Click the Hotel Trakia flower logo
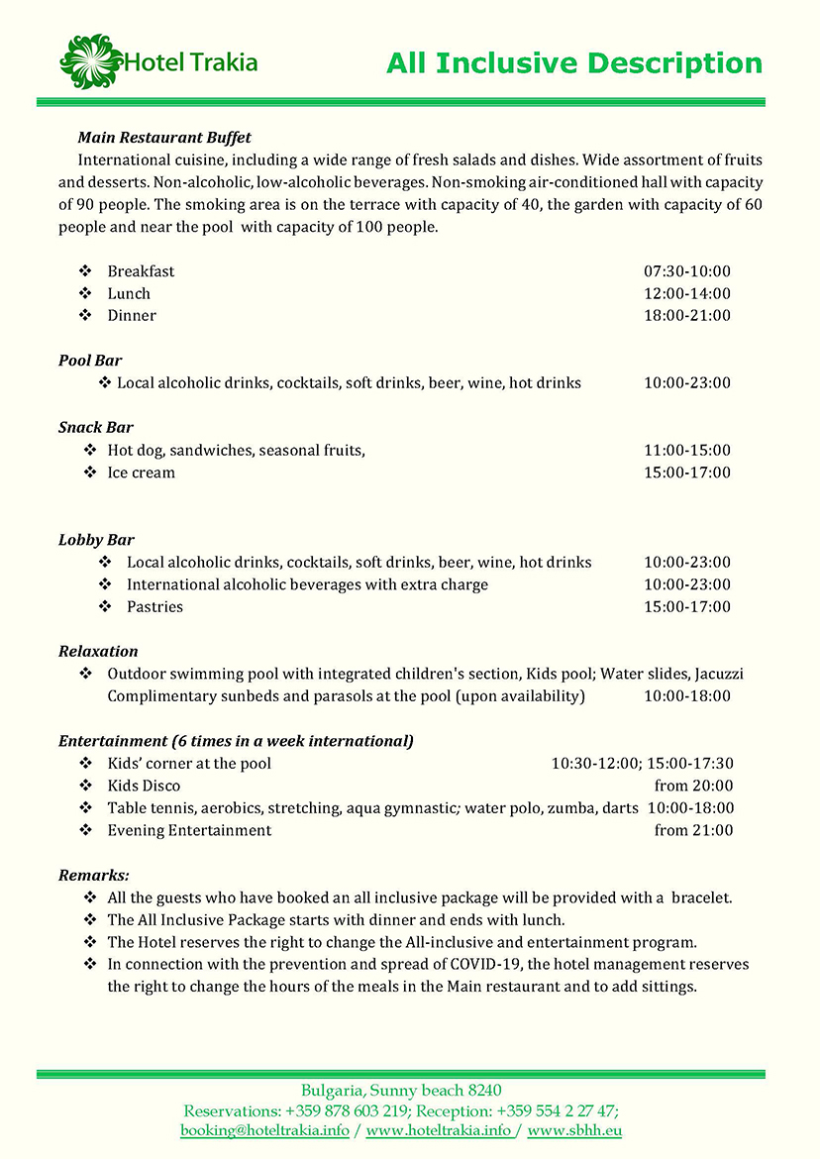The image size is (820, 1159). (x=91, y=60)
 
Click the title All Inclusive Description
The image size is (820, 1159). (x=574, y=63)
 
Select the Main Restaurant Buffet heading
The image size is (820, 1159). (x=164, y=137)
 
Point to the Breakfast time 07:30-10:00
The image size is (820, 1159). (x=687, y=271)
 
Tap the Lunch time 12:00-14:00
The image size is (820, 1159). (x=687, y=293)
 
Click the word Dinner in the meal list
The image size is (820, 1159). (x=132, y=316)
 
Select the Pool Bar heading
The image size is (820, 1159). (x=90, y=361)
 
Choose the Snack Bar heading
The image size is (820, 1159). (x=96, y=428)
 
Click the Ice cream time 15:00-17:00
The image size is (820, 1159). (x=687, y=473)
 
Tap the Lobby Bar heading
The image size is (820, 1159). (x=96, y=540)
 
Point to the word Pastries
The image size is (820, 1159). (x=154, y=607)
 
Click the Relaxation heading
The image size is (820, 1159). (x=98, y=652)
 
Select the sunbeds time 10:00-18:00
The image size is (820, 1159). (x=687, y=696)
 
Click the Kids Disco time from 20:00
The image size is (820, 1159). (x=694, y=786)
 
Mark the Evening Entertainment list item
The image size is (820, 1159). (x=189, y=830)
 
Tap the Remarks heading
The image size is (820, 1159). (x=94, y=876)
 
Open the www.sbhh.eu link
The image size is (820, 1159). (x=574, y=1130)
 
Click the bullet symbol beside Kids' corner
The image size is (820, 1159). (x=85, y=764)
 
